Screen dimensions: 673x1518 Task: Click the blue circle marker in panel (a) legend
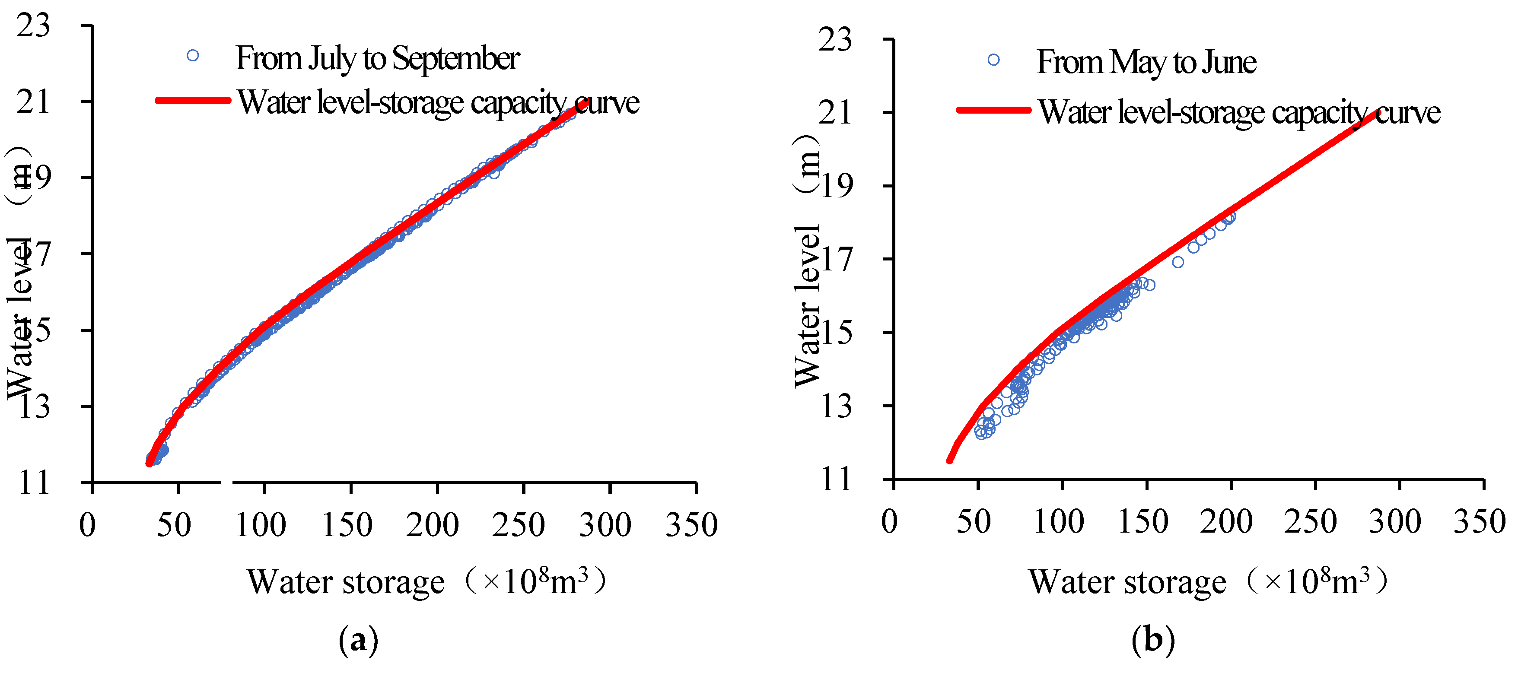[193, 55]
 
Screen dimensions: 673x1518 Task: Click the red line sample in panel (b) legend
[993, 110]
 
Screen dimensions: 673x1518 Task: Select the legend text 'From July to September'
[377, 58]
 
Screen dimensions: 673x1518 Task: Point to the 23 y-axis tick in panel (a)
[34, 26]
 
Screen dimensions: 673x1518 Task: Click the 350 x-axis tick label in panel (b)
[1479, 521]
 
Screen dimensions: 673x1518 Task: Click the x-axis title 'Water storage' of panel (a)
[346, 582]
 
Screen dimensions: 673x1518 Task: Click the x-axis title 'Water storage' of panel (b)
[1127, 582]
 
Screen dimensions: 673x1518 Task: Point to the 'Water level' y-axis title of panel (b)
[807, 306]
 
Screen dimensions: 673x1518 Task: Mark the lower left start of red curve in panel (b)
[949, 460]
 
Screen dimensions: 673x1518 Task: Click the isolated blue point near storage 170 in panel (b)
[1177, 262]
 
